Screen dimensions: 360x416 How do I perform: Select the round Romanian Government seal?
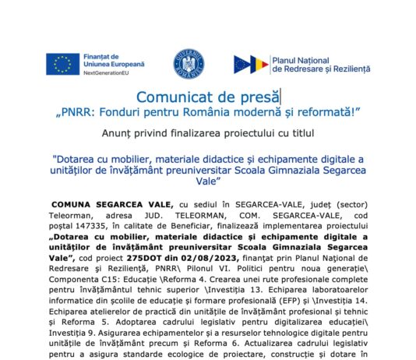[188, 63]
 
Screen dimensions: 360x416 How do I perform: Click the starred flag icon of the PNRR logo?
[249, 65]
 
